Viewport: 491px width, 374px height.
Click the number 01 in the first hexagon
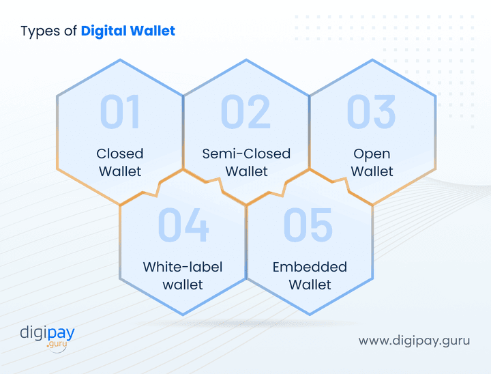tap(120, 112)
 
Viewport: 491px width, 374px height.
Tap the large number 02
tap(245, 112)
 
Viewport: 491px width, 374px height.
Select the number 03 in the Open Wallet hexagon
tap(371, 112)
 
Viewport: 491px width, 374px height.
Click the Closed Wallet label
tap(120, 162)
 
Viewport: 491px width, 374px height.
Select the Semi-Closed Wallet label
tap(246, 162)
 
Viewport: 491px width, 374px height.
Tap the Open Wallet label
tap(372, 162)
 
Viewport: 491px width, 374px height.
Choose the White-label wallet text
tap(183, 275)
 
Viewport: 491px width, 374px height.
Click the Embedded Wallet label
tap(310, 275)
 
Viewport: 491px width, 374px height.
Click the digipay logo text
tap(47, 333)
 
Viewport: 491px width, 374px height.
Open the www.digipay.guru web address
tap(415, 340)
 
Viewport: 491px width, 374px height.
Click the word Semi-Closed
tap(246, 154)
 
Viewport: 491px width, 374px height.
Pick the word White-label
tap(183, 267)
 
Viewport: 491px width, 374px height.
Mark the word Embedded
tap(310, 267)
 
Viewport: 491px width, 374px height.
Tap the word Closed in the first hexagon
tap(120, 154)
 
